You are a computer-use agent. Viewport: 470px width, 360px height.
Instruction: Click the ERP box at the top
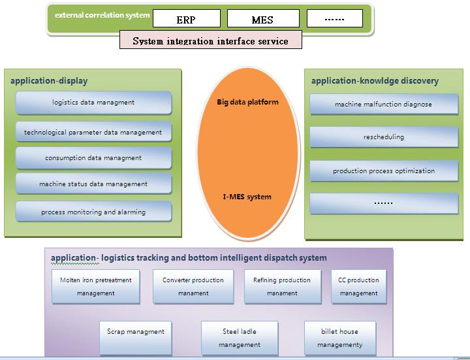186,18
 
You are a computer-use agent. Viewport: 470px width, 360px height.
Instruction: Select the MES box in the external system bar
263,18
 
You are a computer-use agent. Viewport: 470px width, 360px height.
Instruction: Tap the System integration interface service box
210,41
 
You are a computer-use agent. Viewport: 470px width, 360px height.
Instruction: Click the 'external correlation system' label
102,15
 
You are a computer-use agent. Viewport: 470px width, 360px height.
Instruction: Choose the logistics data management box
93,103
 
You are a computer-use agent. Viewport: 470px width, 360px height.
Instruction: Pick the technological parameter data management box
93,132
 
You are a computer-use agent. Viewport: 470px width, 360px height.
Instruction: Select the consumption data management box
93,158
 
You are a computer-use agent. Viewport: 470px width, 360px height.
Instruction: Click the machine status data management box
93,184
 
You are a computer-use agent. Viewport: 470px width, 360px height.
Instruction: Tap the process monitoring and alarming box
93,212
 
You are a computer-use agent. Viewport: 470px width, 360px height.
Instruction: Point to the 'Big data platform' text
247,102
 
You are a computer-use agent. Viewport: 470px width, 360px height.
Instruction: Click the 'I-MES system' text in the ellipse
247,197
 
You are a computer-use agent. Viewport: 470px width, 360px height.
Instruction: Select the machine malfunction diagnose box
383,105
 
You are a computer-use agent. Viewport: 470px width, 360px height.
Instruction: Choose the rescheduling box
383,137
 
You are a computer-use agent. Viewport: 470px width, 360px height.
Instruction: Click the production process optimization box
383,171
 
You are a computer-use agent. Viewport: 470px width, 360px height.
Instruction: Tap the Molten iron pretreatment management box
95,286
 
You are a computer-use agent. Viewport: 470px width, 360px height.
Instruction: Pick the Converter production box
193,286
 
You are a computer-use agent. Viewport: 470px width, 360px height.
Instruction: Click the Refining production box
282,286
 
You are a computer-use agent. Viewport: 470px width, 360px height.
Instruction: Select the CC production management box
358,286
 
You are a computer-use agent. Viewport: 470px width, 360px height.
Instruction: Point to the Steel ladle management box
240,338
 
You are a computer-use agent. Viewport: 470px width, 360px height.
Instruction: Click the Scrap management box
136,337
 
